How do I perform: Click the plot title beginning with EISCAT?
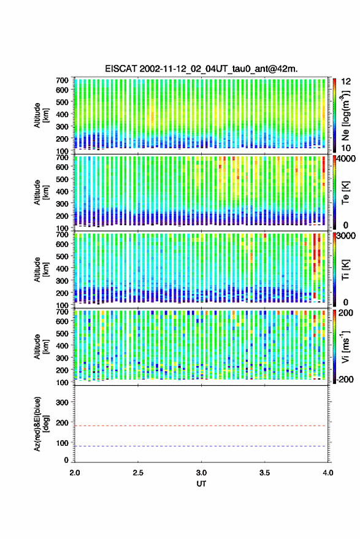pyautogui.click(x=201, y=69)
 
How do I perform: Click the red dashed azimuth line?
pyautogui.click(x=201, y=426)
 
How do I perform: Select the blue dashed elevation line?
pyautogui.click(x=201, y=446)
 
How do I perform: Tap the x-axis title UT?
pyautogui.click(x=201, y=484)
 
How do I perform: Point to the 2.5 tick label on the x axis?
pyautogui.click(x=138, y=473)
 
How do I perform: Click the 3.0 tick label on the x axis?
pyautogui.click(x=201, y=473)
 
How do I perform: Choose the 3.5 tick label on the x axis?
pyautogui.click(x=264, y=473)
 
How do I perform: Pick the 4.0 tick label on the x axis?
pyautogui.click(x=327, y=473)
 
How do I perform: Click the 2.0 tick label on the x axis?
pyautogui.click(x=75, y=473)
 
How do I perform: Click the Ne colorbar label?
pyautogui.click(x=345, y=115)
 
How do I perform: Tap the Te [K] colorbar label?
pyautogui.click(x=345, y=193)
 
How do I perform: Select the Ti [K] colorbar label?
pyautogui.click(x=345, y=270)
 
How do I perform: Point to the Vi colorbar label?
pyautogui.click(x=345, y=346)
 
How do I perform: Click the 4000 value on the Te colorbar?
pyautogui.click(x=346, y=159)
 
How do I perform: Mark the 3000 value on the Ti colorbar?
pyautogui.click(x=346, y=236)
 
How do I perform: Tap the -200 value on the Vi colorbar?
pyautogui.click(x=345, y=380)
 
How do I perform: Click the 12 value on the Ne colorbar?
pyautogui.click(x=346, y=82)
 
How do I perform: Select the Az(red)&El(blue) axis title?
pyautogui.click(x=42, y=424)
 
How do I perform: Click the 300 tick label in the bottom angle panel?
pyautogui.click(x=62, y=402)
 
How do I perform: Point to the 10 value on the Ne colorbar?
pyautogui.click(x=346, y=148)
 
